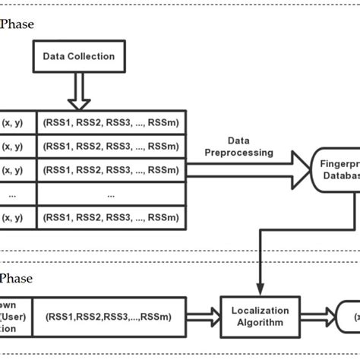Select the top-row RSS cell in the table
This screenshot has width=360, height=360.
coord(111,122)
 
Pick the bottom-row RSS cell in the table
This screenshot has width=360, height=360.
coord(111,217)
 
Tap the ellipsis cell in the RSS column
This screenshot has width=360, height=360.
coord(111,194)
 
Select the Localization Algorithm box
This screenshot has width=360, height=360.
coord(260,316)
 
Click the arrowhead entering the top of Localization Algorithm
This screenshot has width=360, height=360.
coord(260,288)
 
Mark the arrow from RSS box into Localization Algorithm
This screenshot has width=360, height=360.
coord(203,316)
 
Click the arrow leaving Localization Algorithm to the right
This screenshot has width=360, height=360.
coord(315,316)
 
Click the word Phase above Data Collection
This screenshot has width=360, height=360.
coord(17,24)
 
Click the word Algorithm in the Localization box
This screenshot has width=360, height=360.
coord(260,322)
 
